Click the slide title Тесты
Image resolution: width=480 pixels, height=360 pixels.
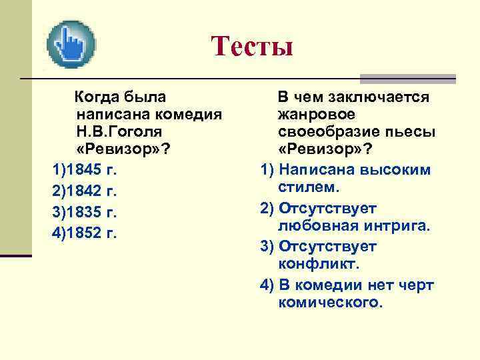coord(252,46)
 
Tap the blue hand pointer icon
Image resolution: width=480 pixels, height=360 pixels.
coord(71,44)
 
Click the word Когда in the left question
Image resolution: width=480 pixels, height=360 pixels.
coord(100,98)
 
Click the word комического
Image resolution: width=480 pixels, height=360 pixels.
coord(330,301)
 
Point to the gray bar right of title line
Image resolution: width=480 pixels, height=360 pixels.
coord(407,78)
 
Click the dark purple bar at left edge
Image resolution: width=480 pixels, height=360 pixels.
coord(15,255)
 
